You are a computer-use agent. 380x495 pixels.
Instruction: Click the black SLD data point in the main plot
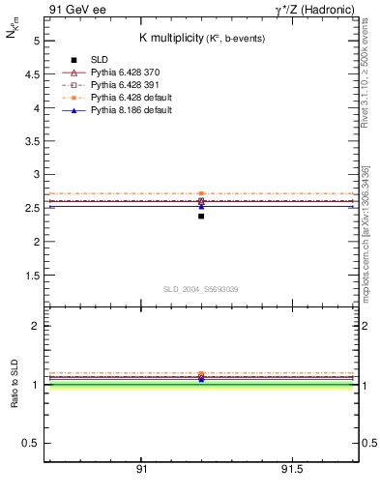coord(201,216)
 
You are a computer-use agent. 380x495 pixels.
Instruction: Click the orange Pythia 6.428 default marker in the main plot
coord(201,193)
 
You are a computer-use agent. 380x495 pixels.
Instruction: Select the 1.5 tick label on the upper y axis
coord(31,275)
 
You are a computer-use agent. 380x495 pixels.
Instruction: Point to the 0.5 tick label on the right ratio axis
coord(365,443)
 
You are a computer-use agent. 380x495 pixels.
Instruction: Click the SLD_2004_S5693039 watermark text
coord(200,289)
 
